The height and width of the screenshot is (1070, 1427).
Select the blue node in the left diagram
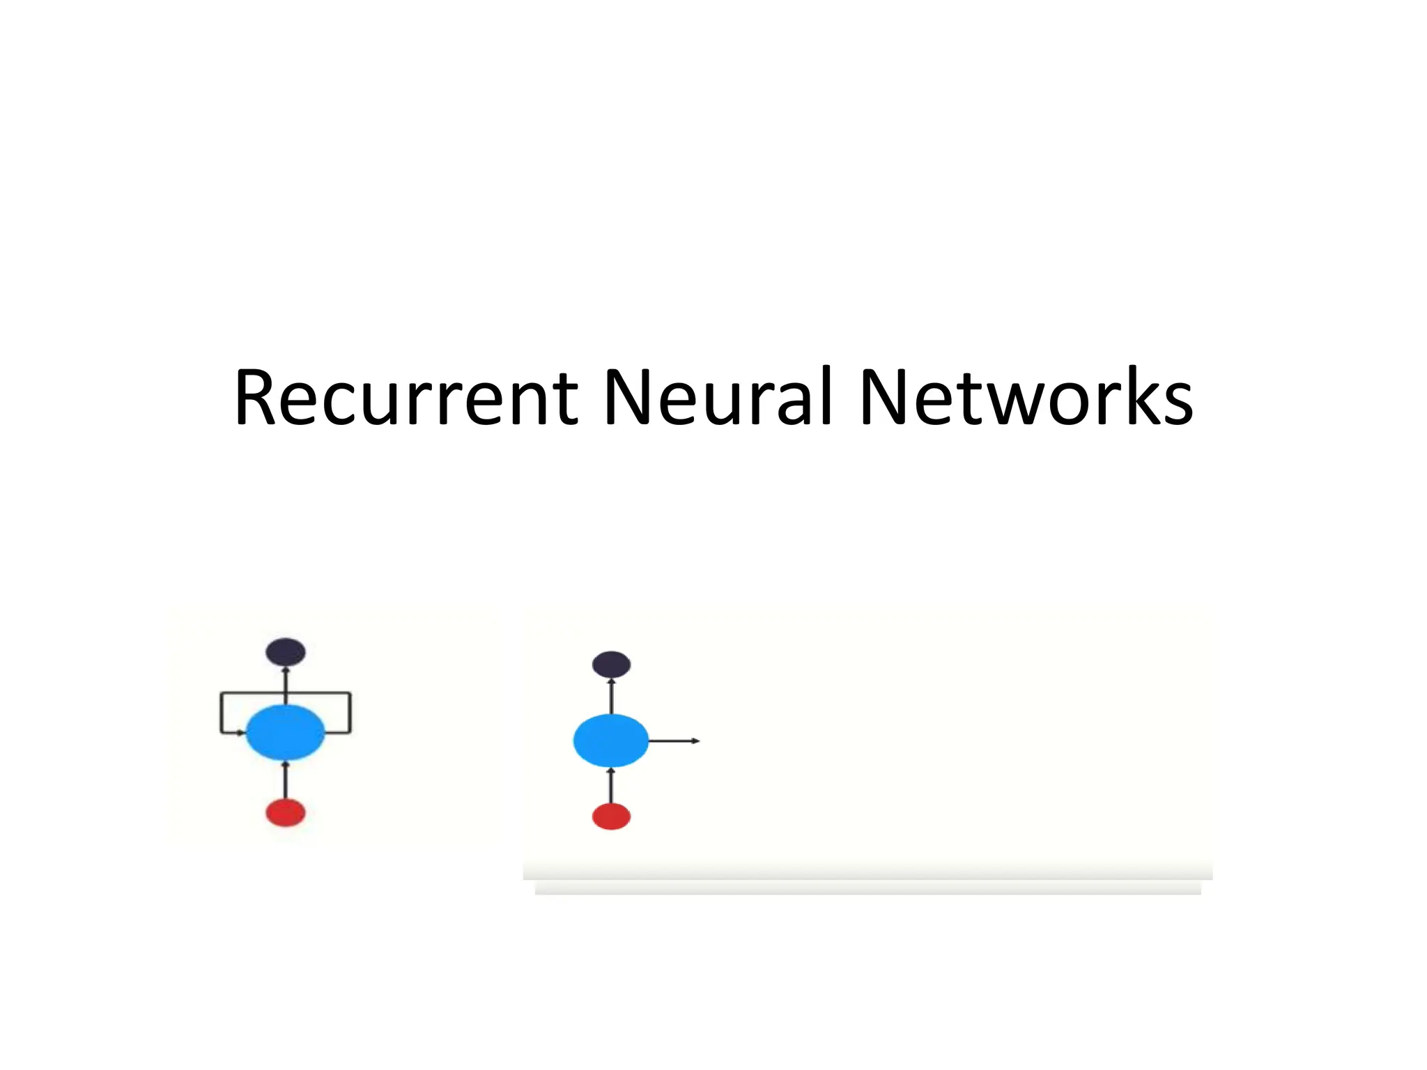click(x=285, y=732)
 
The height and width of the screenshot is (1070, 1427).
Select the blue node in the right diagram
click(x=610, y=741)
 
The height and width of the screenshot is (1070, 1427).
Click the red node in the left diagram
click(x=285, y=813)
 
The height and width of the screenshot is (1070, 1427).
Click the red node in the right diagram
click(x=611, y=816)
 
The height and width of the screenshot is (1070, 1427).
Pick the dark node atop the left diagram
click(x=285, y=652)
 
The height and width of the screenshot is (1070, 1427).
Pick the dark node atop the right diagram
click(x=611, y=665)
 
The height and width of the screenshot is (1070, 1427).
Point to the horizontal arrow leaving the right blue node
click(x=674, y=741)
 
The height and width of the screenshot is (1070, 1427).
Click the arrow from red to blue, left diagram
click(x=285, y=780)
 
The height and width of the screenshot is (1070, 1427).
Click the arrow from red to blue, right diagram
click(x=611, y=785)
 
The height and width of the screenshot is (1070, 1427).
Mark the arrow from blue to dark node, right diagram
click(x=611, y=696)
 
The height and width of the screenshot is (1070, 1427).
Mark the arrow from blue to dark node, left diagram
click(x=285, y=686)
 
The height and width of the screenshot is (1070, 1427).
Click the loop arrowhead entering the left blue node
click(x=240, y=733)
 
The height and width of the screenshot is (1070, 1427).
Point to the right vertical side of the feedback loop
click(x=350, y=713)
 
